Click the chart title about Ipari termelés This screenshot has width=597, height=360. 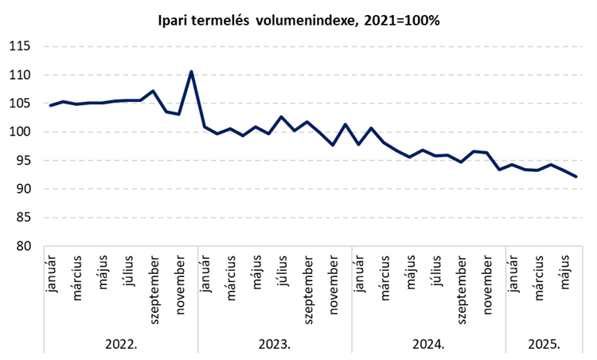click(298, 19)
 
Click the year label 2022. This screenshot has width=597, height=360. click(121, 344)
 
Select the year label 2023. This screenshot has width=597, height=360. click(275, 344)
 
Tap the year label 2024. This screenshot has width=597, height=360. click(428, 344)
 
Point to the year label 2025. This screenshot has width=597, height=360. click(544, 344)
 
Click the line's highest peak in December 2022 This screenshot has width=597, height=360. click(192, 72)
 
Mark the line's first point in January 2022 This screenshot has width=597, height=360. click(51, 105)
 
